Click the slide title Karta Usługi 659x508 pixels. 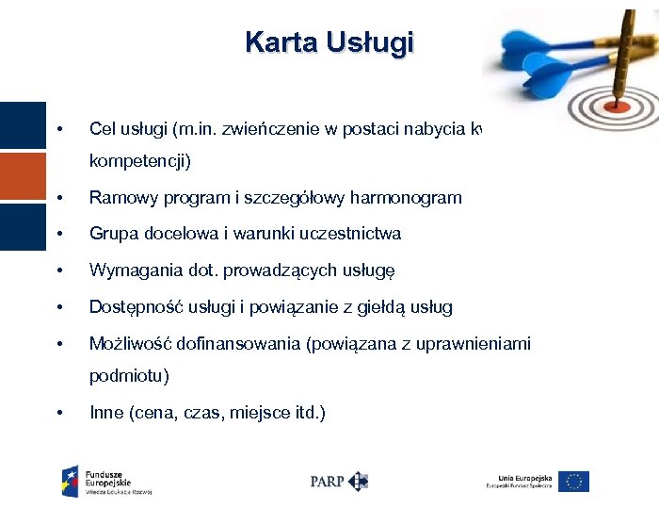[x=329, y=42]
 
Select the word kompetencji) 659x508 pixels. [x=139, y=162]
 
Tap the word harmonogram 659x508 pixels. [x=406, y=198]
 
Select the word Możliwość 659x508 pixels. [x=127, y=344]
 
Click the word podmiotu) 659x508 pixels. [x=129, y=377]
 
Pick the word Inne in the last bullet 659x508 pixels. [x=106, y=413]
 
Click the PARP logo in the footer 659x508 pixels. [x=338, y=481]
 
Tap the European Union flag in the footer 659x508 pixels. [x=573, y=481]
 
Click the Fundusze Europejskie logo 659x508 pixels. [x=105, y=481]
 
